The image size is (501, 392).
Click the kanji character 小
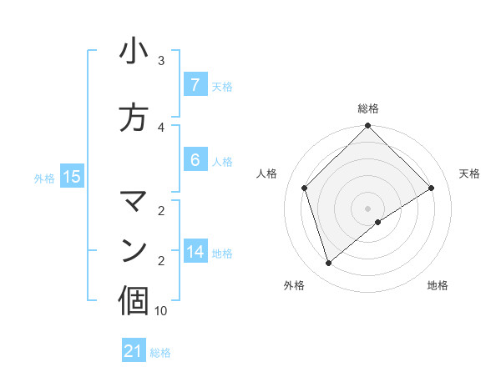pos(134,52)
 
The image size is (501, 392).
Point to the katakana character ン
pos(134,249)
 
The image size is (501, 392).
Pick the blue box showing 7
pos(195,84)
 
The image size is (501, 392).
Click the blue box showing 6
pos(195,159)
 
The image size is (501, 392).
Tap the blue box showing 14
pos(195,251)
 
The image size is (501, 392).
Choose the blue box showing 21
pos(134,351)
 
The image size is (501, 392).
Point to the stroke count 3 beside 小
pos(161,61)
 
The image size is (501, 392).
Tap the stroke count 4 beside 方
pos(161,128)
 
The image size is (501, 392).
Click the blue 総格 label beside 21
pos(160,353)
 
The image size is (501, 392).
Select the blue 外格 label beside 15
pos(44,178)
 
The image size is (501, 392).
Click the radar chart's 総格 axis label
pos(368,108)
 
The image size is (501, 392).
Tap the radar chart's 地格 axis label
pos(438,285)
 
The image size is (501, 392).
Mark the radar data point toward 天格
pos(432,188)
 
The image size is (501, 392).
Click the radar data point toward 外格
pos(329,264)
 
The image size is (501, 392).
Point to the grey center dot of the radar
pos(368,208)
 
